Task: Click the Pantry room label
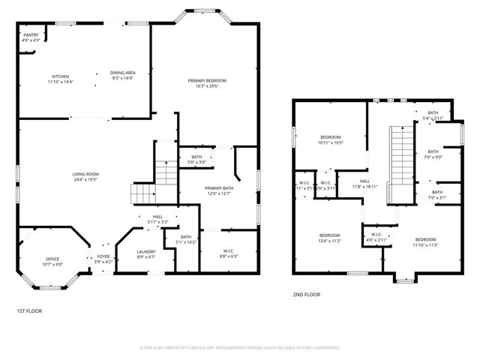click(31, 35)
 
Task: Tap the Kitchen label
click(60, 76)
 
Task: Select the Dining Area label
click(122, 73)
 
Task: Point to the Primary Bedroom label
click(207, 80)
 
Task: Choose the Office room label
click(52, 259)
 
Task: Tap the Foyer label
click(103, 256)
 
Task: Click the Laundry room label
click(146, 252)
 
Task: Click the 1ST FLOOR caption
click(29, 310)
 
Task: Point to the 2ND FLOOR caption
click(306, 295)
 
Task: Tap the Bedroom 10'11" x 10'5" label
click(330, 137)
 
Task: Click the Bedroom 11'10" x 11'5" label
click(424, 241)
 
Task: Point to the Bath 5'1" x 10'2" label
click(186, 238)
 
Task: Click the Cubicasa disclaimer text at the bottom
click(240, 348)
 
